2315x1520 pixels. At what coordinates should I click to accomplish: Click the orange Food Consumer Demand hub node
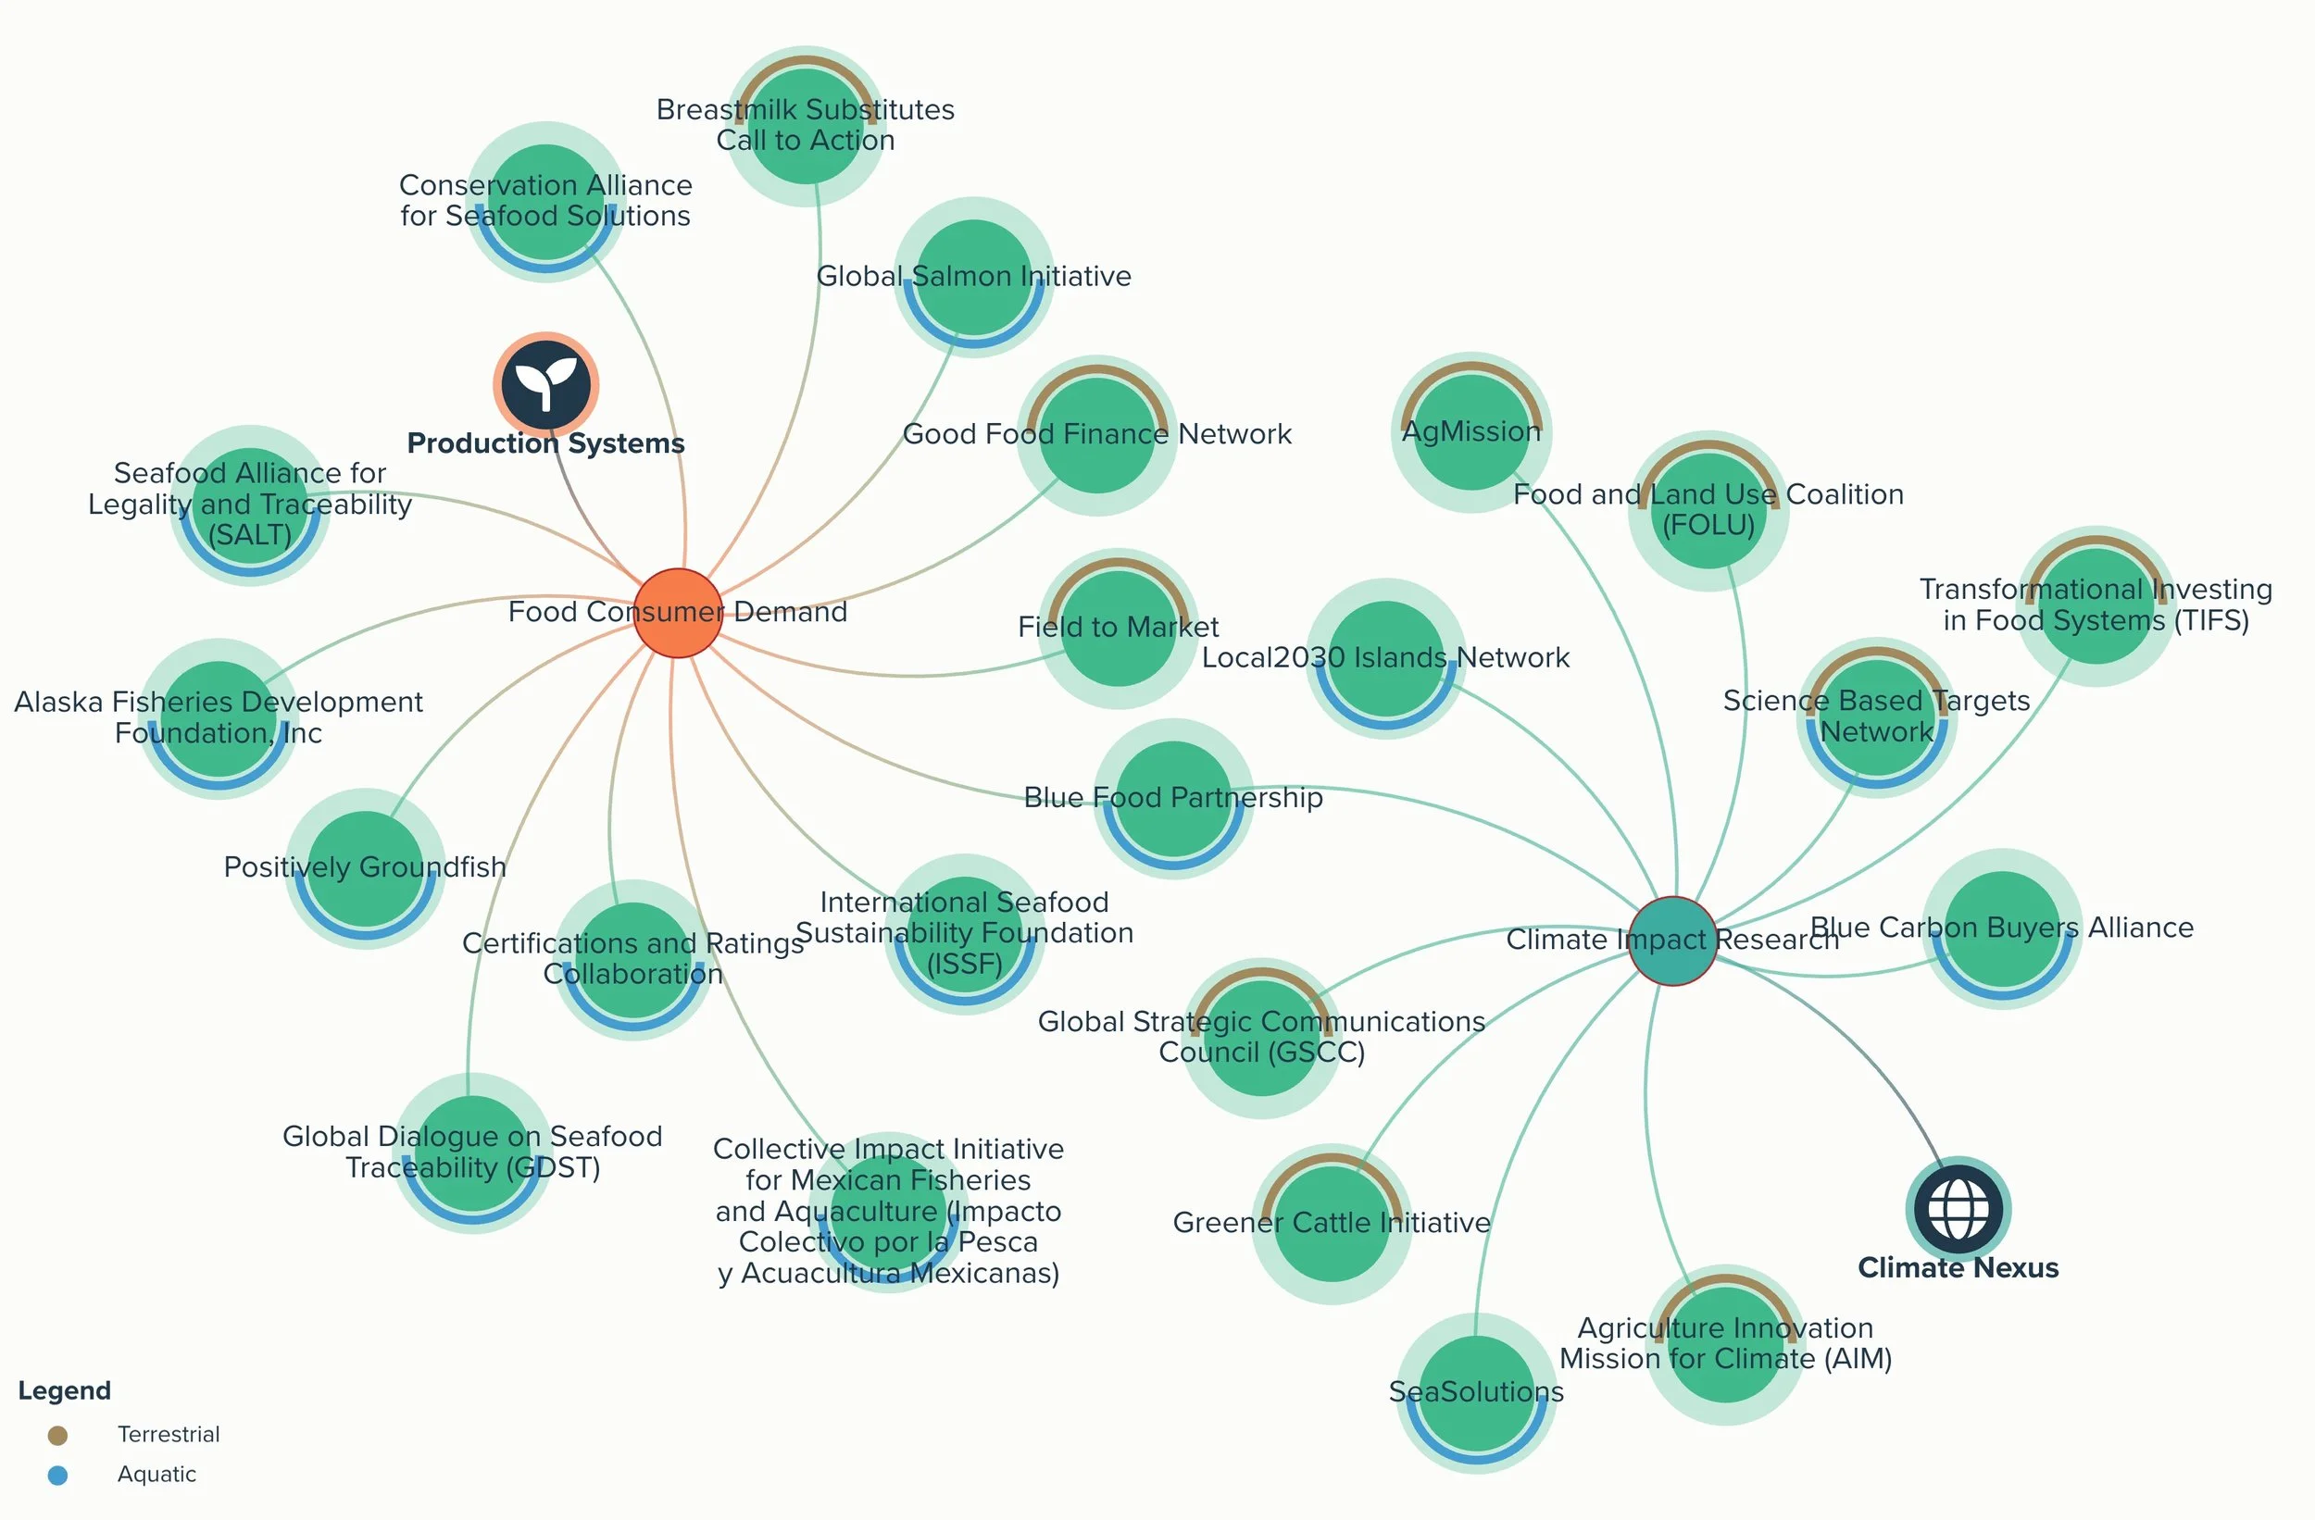pyautogui.click(x=678, y=613)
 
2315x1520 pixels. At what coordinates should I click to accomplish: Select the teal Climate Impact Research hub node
pyautogui.click(x=1673, y=941)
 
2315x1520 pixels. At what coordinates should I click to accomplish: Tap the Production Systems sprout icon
pyautogui.click(x=545, y=385)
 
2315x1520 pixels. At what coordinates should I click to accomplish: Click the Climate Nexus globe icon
pyautogui.click(x=1957, y=1208)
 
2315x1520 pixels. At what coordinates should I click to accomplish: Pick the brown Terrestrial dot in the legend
pyautogui.click(x=57, y=1436)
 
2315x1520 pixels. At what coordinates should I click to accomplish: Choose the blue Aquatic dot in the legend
pyautogui.click(x=57, y=1476)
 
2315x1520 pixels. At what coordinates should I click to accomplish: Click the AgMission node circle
pyautogui.click(x=1471, y=432)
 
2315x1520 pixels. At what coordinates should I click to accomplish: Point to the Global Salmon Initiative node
pyautogui.click(x=973, y=277)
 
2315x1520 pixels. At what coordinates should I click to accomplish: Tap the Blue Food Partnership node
pyautogui.click(x=1174, y=798)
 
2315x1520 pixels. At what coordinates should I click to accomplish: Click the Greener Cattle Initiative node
pyautogui.click(x=1332, y=1224)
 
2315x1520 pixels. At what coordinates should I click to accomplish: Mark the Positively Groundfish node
pyautogui.click(x=366, y=868)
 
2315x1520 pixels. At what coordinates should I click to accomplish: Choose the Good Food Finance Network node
pyautogui.click(x=1097, y=435)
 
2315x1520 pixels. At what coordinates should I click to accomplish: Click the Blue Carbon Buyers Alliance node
pyautogui.click(x=2003, y=928)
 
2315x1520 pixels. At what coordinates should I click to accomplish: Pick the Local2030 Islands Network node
pyautogui.click(x=1386, y=658)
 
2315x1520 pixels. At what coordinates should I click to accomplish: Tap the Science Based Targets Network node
pyautogui.click(x=1877, y=717)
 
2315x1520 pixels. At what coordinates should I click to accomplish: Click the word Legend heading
pyautogui.click(x=64, y=1390)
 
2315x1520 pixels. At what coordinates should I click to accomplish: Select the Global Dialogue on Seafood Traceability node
pyautogui.click(x=473, y=1152)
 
